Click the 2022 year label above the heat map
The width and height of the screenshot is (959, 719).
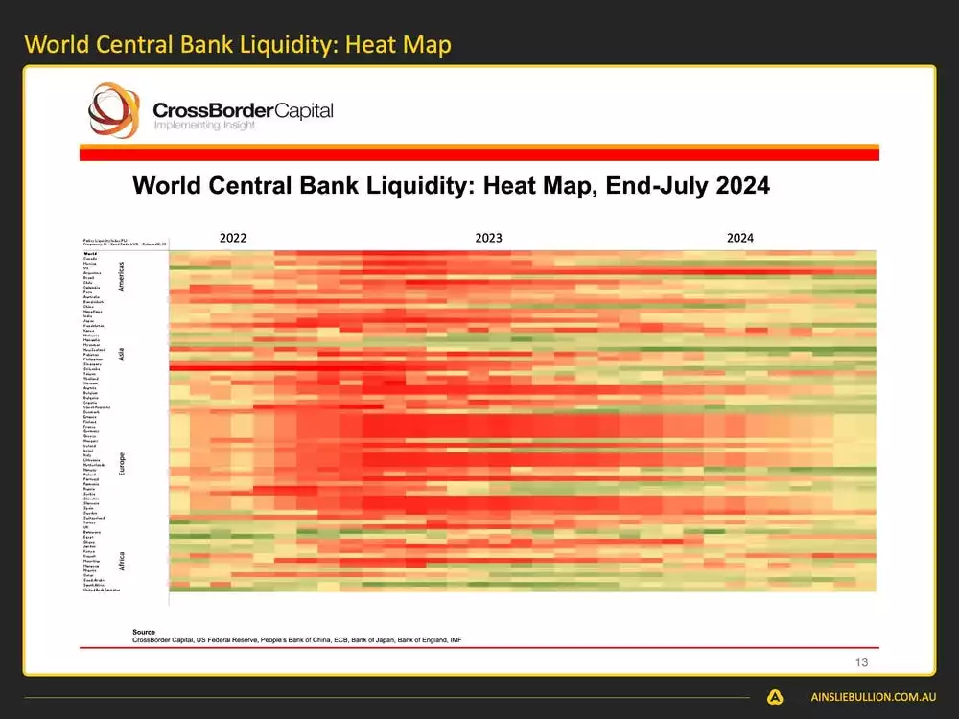[x=233, y=238]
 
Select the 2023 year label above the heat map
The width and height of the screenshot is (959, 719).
[x=488, y=238]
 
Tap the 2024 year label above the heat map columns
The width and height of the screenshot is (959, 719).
[x=739, y=238]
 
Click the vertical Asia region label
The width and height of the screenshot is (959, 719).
[x=122, y=355]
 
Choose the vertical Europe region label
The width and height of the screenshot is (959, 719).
[x=122, y=464]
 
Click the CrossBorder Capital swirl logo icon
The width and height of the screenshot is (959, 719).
[x=113, y=110]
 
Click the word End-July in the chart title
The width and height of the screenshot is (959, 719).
[x=652, y=185]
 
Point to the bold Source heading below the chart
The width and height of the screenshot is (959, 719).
[x=144, y=633]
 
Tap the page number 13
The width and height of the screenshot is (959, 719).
[x=860, y=662]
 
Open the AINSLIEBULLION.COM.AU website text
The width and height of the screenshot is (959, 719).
[x=873, y=698]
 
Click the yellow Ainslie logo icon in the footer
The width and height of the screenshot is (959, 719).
[x=775, y=698]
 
